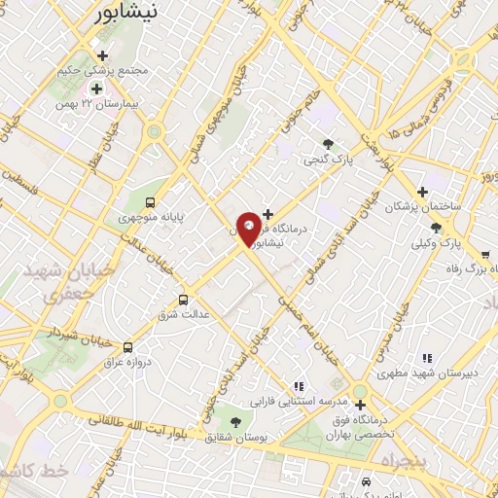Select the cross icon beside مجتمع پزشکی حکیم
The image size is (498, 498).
coord(102,54)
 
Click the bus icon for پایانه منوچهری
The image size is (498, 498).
coord(150,202)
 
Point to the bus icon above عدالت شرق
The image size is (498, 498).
coord(184,300)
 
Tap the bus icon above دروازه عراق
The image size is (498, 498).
coord(127,346)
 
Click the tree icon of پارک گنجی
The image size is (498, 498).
coord(328,144)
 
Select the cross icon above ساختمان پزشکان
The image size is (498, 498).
coord(421,192)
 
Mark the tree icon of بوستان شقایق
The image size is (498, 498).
coord(234,420)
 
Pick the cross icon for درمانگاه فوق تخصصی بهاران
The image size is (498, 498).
coord(360,403)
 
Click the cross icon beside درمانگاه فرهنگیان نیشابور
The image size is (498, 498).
coord(267,214)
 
